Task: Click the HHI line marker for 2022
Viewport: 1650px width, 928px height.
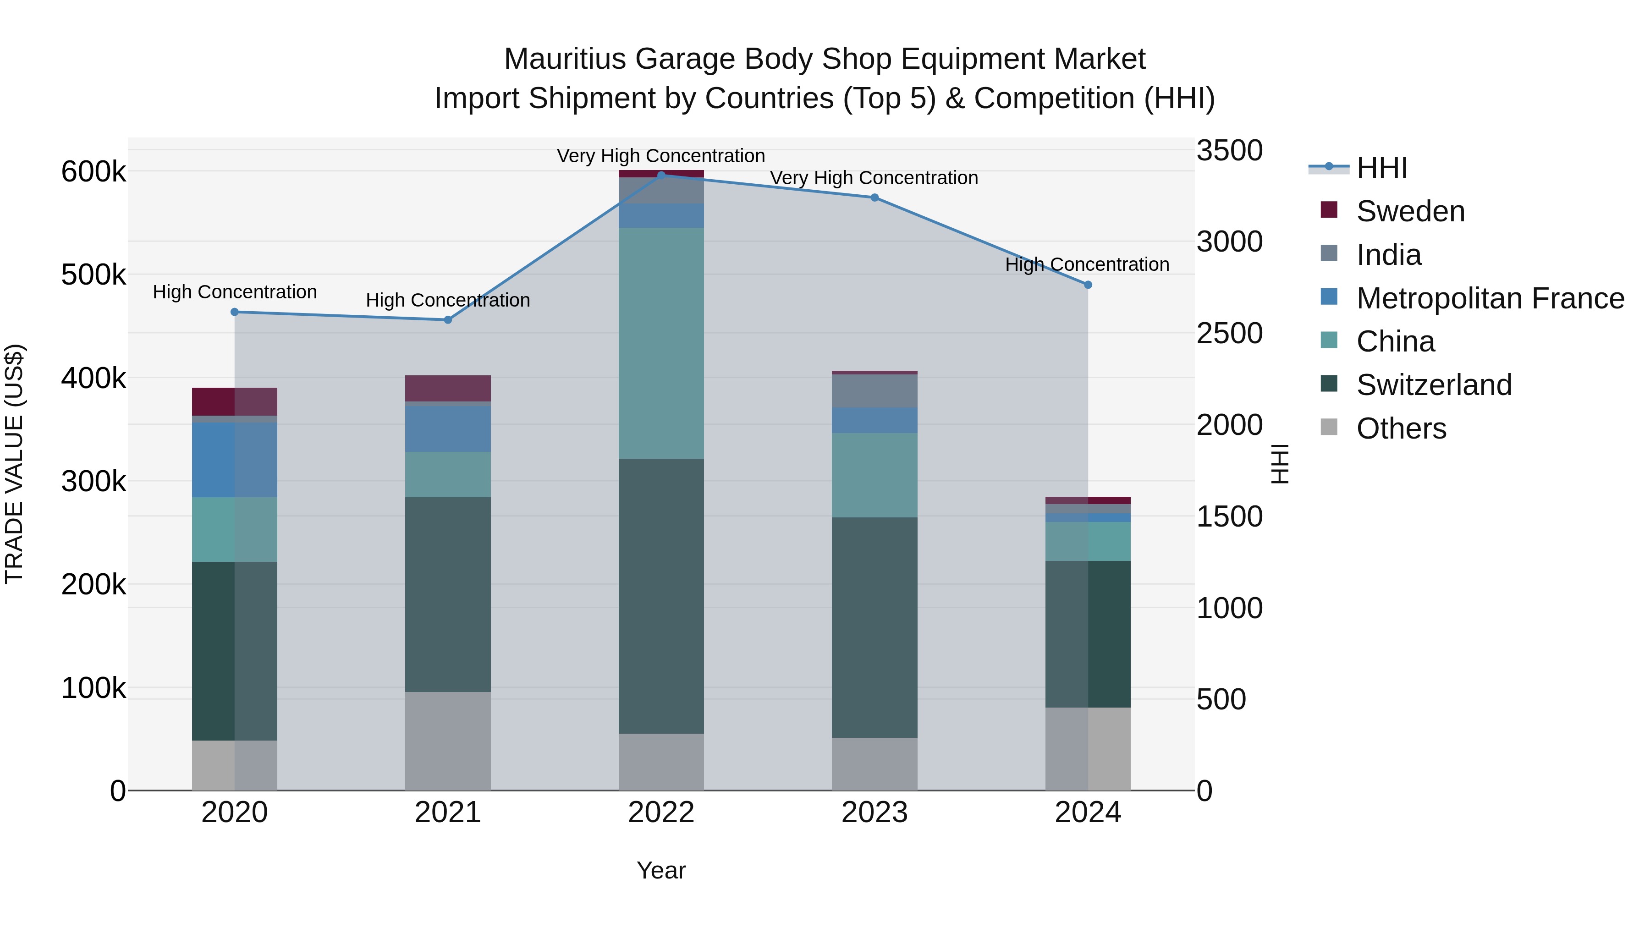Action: coord(661,175)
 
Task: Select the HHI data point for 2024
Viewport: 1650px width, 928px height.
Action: coord(1088,285)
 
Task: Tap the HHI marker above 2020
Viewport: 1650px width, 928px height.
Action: coord(234,312)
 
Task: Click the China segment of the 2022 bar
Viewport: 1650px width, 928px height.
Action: coord(661,343)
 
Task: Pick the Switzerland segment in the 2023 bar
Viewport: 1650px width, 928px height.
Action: coord(874,628)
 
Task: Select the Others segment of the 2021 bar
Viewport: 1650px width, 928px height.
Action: coord(448,741)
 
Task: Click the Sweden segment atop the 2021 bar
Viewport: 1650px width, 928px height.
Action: coord(448,388)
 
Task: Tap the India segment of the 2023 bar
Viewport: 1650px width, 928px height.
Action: coord(874,390)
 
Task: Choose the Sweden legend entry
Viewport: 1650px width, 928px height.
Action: coord(1410,211)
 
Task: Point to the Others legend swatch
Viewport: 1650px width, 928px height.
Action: coord(1329,427)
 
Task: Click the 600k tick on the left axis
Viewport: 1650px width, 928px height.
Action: coord(93,172)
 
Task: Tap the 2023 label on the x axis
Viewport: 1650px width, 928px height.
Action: coord(874,813)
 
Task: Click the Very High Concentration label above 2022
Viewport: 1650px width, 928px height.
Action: coord(661,156)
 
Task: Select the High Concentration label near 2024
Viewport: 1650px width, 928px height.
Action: coord(1087,264)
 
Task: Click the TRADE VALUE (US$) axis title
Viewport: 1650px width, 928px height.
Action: coord(14,464)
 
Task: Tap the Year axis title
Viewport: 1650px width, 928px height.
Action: coord(661,870)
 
